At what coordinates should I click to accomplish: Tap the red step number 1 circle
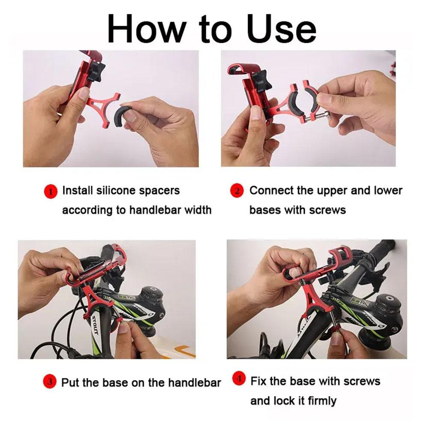coord(51,191)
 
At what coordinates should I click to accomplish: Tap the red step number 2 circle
coord(237,191)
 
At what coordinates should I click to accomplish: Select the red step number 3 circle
coord(50,381)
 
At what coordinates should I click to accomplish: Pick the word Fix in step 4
coord(258,381)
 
